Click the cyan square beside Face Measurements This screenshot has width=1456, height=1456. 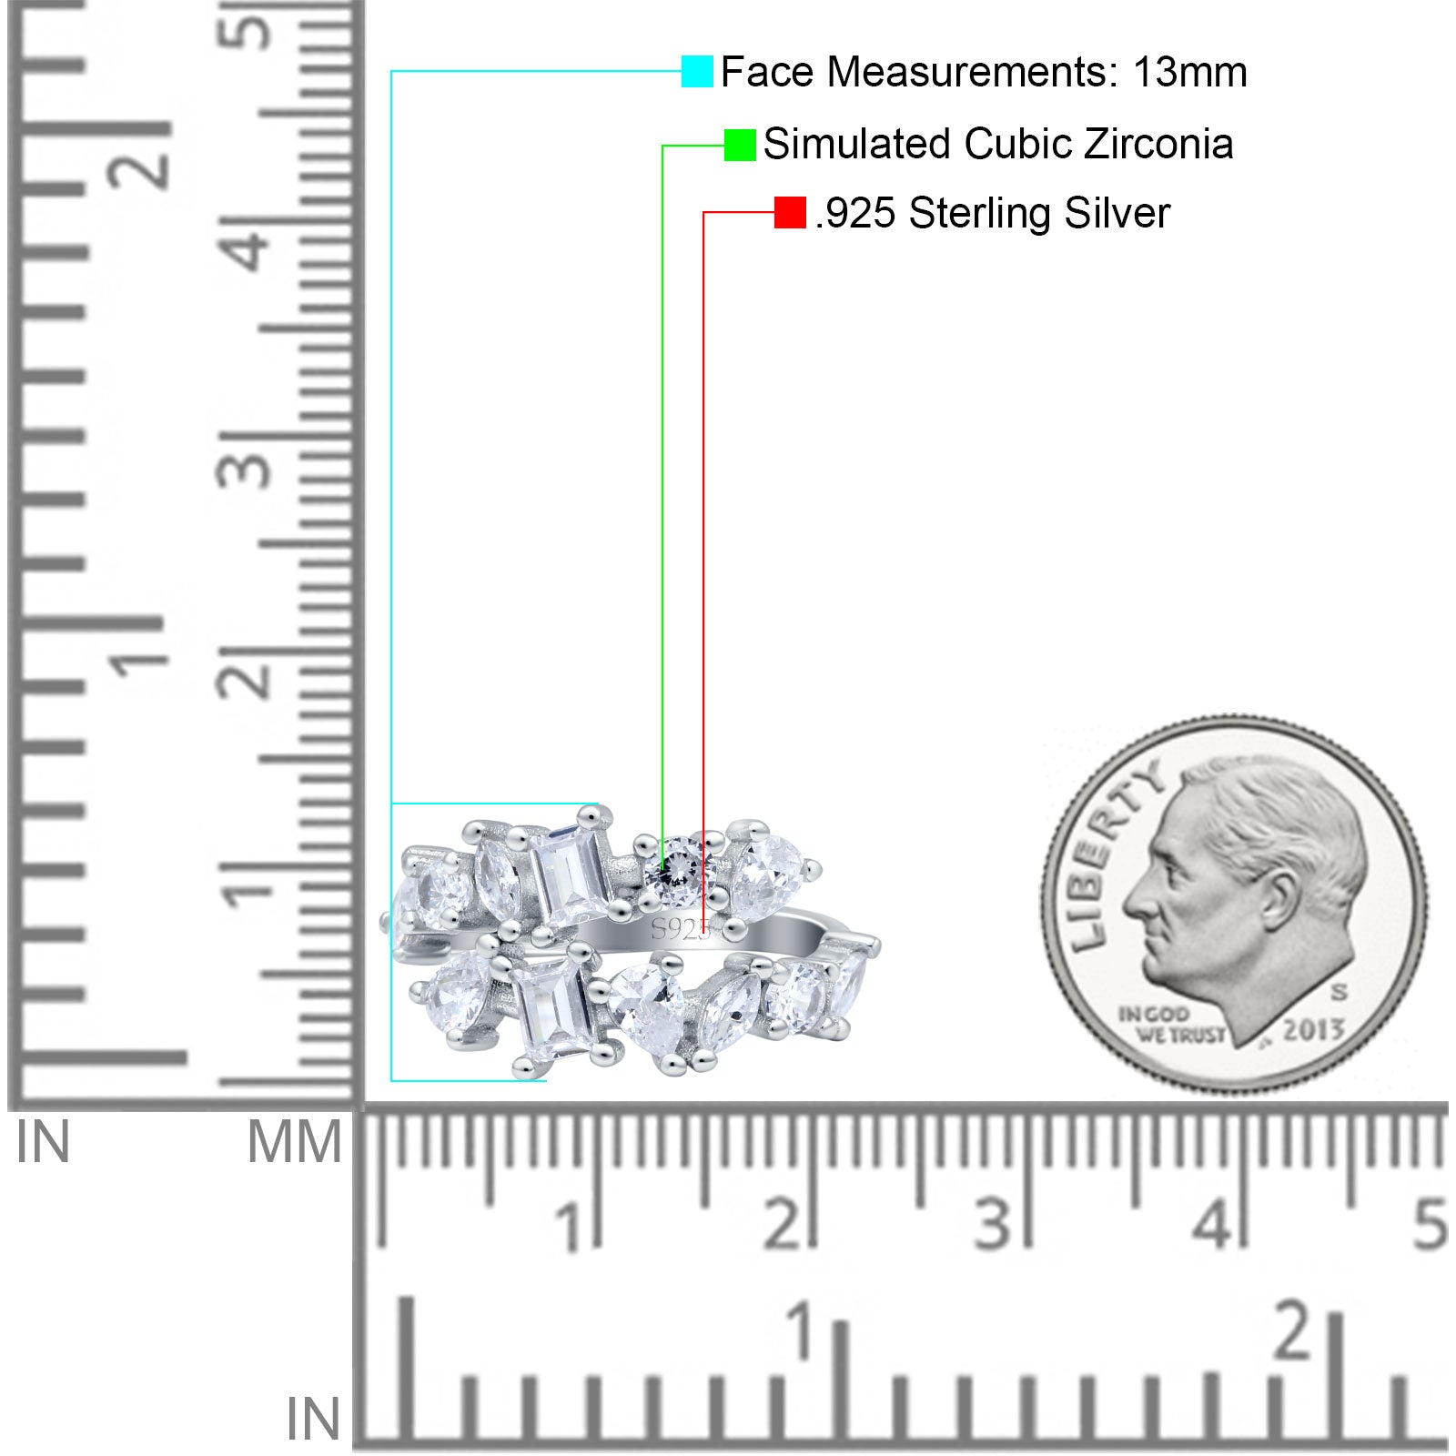click(x=697, y=71)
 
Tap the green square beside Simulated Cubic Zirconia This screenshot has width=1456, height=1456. click(x=740, y=145)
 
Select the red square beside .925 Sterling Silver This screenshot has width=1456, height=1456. click(x=790, y=213)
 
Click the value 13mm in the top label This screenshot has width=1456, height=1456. click(x=1189, y=72)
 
